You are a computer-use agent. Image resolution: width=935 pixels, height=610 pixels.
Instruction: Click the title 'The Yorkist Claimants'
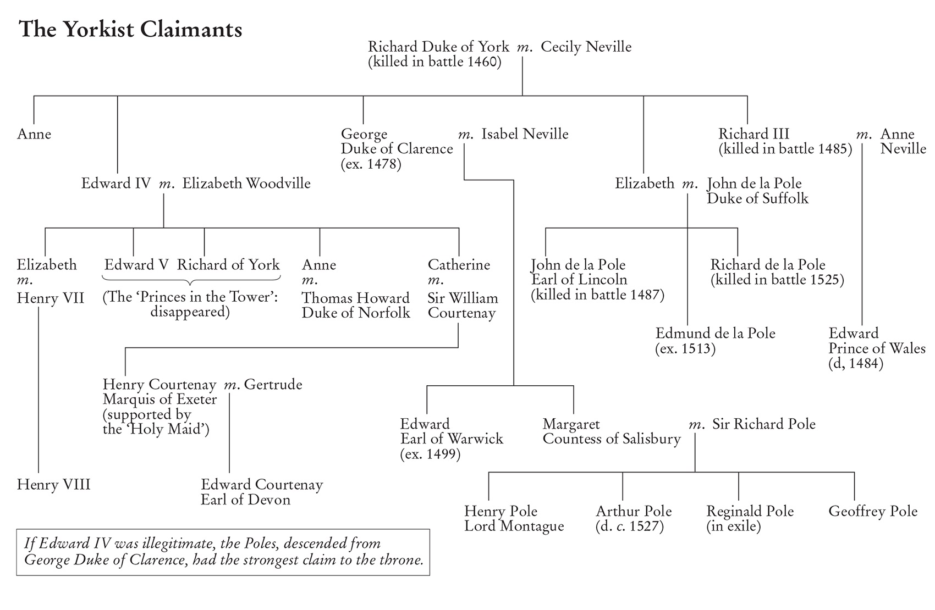(x=130, y=29)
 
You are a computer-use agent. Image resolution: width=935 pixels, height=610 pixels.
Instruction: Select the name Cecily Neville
(x=586, y=47)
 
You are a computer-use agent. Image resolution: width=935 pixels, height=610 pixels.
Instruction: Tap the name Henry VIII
(x=53, y=485)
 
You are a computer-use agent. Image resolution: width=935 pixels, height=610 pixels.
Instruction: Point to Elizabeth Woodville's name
(x=246, y=183)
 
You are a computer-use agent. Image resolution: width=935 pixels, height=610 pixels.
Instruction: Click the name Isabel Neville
(x=525, y=134)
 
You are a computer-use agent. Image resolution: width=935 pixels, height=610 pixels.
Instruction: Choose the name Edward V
(x=136, y=265)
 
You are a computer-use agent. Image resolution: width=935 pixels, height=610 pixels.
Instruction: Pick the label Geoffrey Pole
(x=873, y=511)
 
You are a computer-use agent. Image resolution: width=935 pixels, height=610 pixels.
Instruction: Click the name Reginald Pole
(x=750, y=511)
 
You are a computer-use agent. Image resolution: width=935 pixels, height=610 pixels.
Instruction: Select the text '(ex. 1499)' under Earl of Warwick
(x=430, y=454)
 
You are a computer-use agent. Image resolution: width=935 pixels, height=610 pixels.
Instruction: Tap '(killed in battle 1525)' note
(x=777, y=280)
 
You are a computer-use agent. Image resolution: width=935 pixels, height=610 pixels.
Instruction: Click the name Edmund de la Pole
(x=715, y=333)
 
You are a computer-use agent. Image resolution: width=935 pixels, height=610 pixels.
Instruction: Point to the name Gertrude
(x=273, y=384)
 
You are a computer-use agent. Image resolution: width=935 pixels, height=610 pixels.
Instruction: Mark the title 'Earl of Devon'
(x=245, y=500)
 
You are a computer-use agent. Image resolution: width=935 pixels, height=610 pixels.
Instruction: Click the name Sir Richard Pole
(x=763, y=424)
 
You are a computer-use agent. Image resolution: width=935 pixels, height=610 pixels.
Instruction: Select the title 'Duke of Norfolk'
(x=356, y=313)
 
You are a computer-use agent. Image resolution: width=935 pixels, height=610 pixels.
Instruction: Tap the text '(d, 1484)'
(x=855, y=363)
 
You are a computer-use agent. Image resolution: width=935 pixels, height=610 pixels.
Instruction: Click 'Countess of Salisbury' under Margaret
(x=612, y=439)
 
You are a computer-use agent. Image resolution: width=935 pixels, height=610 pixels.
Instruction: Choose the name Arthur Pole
(x=634, y=511)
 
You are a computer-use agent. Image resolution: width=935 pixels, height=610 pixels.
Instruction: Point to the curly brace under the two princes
(x=192, y=281)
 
